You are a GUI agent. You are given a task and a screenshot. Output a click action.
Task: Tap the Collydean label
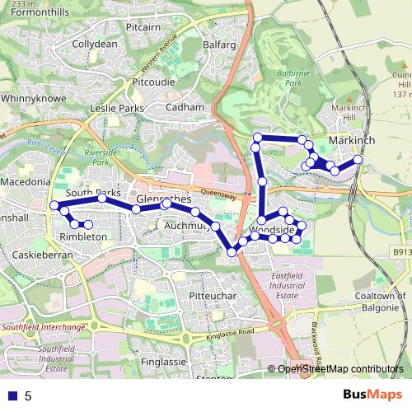[x=95, y=44]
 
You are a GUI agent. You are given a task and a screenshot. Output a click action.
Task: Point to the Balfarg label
[x=218, y=44]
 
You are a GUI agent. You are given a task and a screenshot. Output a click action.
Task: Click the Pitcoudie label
[x=151, y=82]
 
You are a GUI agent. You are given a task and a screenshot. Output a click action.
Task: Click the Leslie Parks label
[x=117, y=108]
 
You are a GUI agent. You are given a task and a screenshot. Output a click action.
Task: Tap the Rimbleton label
[x=83, y=236]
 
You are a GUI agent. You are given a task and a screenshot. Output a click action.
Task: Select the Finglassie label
[x=163, y=362]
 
